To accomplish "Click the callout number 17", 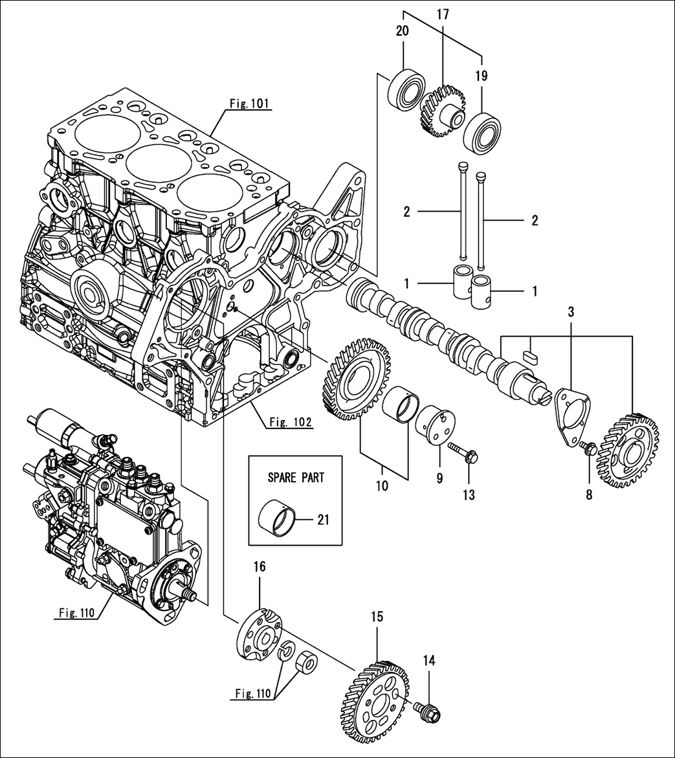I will click(443, 14).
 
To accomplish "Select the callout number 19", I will click(481, 76).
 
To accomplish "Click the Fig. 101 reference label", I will click(249, 102).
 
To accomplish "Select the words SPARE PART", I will click(296, 478).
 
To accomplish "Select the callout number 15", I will click(377, 617).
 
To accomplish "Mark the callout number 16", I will click(260, 567).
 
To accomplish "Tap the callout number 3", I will click(571, 311).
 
